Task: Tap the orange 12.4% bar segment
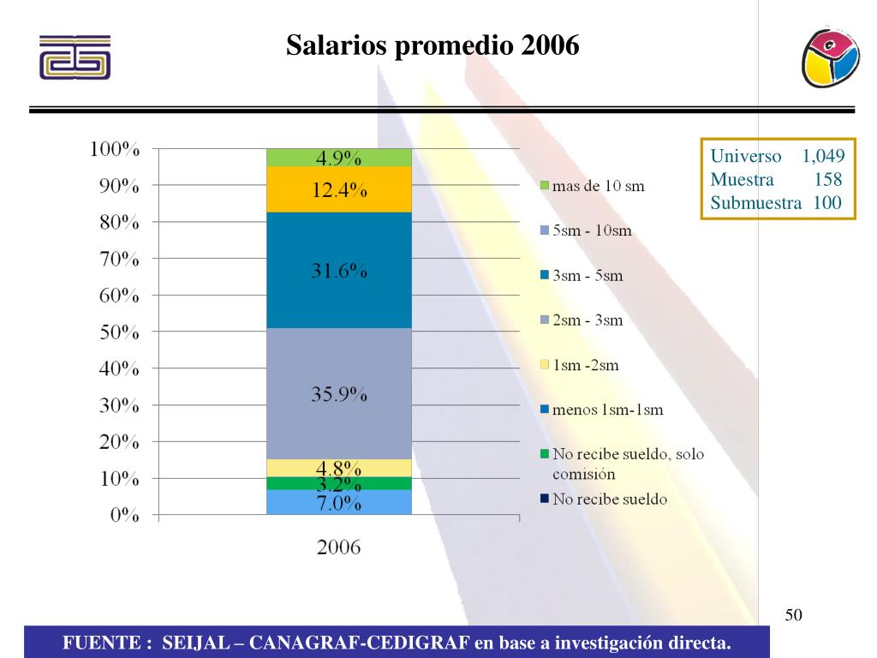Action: point(339,190)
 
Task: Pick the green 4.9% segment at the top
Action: point(339,158)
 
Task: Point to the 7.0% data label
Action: point(339,504)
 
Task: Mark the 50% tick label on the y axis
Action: point(116,332)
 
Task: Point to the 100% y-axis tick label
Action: point(116,149)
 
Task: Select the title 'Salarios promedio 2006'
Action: point(433,45)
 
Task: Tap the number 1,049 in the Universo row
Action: point(823,157)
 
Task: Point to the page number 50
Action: point(793,615)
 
